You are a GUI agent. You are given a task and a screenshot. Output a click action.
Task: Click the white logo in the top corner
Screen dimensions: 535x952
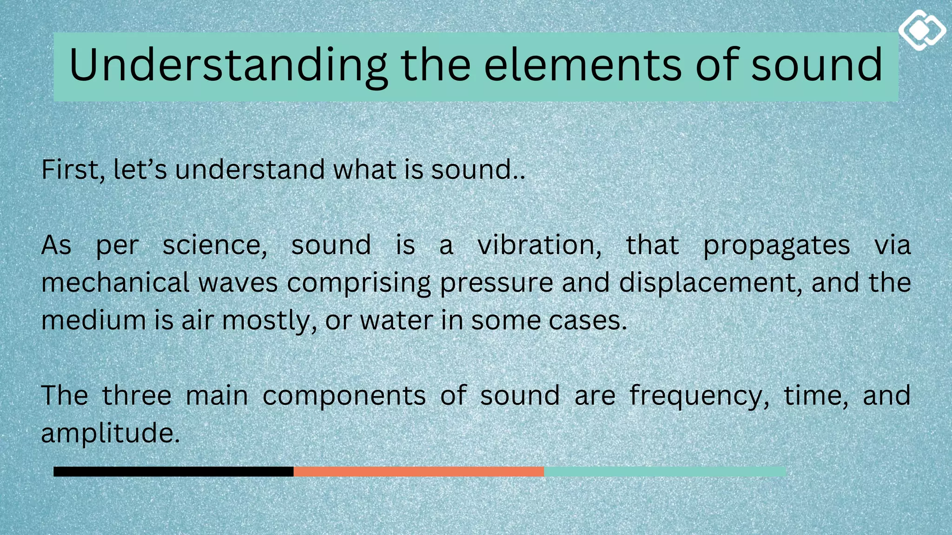pyautogui.click(x=922, y=30)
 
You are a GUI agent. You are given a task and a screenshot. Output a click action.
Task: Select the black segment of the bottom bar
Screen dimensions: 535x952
pyautogui.click(x=173, y=471)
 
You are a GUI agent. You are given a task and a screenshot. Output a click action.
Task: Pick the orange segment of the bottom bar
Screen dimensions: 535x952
pyautogui.click(x=418, y=471)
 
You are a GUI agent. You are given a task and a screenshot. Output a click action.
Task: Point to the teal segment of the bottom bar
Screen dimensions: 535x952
pyautogui.click(x=665, y=471)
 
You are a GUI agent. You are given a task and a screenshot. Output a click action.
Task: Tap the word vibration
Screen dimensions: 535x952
pyautogui.click(x=539, y=245)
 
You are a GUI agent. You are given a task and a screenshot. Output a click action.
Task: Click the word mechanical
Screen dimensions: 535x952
pyautogui.click(x=115, y=283)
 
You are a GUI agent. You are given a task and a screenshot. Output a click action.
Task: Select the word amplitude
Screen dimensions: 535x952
pyautogui.click(x=110, y=434)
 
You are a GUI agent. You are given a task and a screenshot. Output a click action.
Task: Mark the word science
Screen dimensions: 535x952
pyautogui.click(x=214, y=245)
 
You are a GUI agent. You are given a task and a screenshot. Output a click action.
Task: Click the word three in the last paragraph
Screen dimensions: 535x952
pyautogui.click(x=137, y=396)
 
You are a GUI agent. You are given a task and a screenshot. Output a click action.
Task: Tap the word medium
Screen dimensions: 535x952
pyautogui.click(x=93, y=320)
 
